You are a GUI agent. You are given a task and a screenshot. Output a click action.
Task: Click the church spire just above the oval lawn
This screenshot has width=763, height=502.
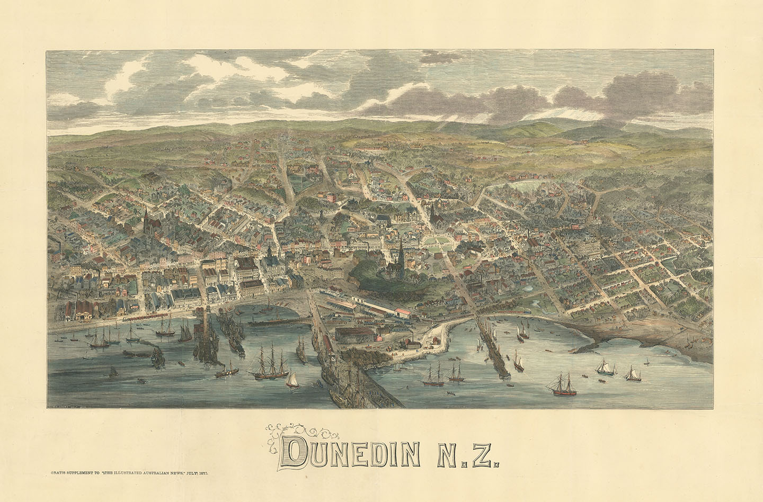point(433,214)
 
